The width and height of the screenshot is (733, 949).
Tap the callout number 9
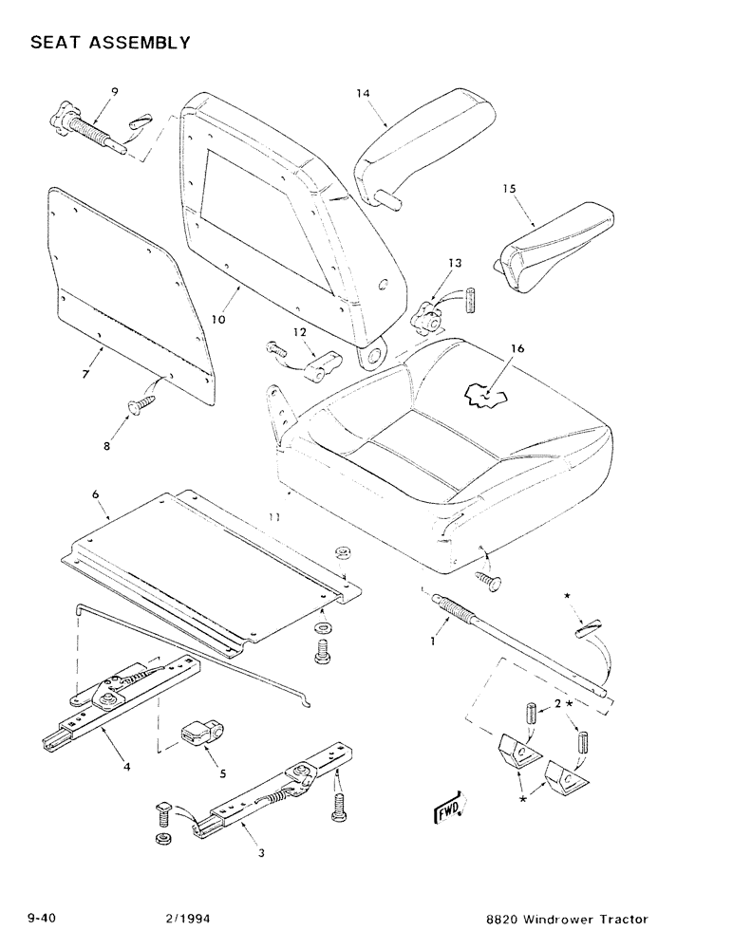pyautogui.click(x=114, y=91)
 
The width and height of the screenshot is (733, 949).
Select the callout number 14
pyautogui.click(x=362, y=93)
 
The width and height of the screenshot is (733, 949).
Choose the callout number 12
pyautogui.click(x=300, y=332)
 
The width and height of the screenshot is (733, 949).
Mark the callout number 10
pyautogui.click(x=218, y=320)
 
